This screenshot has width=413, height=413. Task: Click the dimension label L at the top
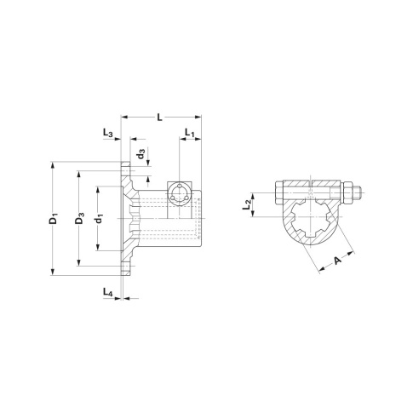(160, 117)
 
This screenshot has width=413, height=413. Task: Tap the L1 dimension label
(189, 133)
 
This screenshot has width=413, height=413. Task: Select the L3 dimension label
(108, 133)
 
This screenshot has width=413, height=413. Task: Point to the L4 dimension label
(108, 292)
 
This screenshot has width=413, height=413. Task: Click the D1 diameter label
(54, 219)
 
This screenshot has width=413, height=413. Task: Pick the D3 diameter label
(80, 218)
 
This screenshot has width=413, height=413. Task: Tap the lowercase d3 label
(141, 153)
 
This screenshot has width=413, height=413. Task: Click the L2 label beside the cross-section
(246, 205)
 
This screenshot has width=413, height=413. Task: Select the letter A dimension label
(337, 261)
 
